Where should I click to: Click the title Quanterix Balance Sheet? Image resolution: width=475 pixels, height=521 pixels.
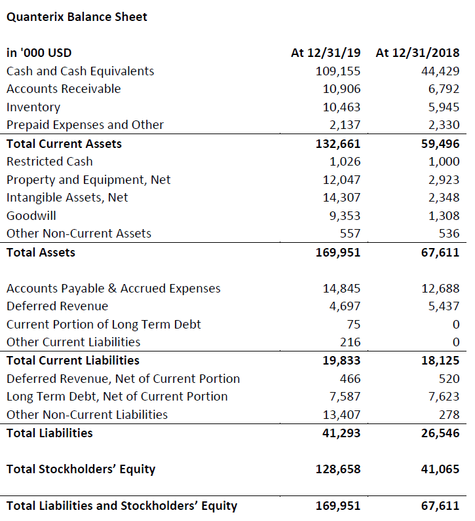click(77, 17)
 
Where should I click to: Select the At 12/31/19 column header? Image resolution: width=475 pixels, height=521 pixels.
click(326, 53)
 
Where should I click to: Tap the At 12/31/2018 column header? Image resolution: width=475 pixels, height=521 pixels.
click(417, 53)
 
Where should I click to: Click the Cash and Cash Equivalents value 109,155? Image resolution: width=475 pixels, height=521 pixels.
click(337, 71)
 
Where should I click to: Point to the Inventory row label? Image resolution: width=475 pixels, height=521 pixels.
click(33, 107)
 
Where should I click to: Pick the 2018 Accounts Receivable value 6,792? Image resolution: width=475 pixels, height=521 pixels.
click(444, 89)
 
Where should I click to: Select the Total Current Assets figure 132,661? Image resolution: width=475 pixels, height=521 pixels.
click(337, 144)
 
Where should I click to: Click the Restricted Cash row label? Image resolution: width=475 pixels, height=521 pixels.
click(50, 162)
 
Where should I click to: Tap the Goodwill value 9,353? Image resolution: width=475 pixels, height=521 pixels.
click(345, 216)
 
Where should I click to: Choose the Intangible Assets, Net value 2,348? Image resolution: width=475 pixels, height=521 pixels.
click(444, 198)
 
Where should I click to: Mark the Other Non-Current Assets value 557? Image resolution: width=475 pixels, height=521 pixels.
click(350, 234)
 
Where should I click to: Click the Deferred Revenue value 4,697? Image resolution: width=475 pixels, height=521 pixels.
click(345, 306)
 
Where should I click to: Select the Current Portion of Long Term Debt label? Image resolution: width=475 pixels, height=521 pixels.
click(104, 325)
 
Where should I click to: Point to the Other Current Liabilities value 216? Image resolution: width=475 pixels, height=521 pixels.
click(350, 342)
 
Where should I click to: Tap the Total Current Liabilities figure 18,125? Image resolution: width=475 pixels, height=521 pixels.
click(440, 361)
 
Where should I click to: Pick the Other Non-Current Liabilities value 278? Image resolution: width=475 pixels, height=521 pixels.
click(449, 415)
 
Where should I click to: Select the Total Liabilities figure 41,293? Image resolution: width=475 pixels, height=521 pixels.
click(341, 433)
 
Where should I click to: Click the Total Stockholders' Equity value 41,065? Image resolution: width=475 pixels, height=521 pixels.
click(440, 469)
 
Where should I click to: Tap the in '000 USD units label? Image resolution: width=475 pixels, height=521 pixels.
click(39, 53)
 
